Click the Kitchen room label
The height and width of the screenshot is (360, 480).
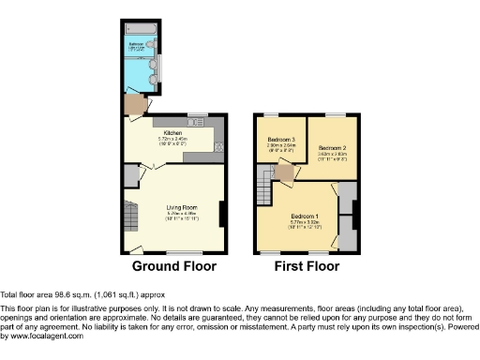point(172,132)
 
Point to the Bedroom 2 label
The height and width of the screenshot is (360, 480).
point(332,148)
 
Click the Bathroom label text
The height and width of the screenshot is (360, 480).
point(135,44)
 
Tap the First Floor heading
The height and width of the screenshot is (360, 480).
point(306,266)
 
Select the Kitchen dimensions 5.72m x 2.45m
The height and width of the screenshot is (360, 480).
point(172,139)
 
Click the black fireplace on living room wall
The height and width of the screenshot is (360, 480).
point(221,215)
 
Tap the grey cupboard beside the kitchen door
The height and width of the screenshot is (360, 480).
point(130,175)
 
